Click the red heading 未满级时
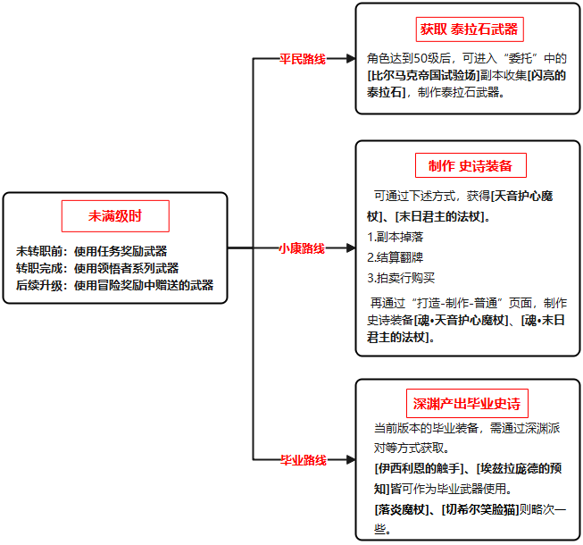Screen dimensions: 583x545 115,216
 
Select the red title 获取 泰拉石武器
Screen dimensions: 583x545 470,29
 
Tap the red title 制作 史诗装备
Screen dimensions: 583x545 471,165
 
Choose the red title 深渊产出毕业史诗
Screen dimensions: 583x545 467,404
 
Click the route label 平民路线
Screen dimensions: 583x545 303,59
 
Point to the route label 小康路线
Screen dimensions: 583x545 302,248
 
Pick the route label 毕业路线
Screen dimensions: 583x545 304,460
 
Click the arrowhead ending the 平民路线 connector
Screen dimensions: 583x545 351,58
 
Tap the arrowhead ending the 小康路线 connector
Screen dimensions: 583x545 351,248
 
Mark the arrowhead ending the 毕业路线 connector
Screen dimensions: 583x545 351,460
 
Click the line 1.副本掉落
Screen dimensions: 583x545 396,237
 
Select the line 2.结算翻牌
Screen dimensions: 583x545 396,257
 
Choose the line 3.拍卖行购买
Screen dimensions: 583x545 401,278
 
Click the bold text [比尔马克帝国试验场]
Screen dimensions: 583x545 423,76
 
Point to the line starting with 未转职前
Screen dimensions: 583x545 91,251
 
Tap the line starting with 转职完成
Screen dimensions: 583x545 97,268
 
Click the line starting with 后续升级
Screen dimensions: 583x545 114,285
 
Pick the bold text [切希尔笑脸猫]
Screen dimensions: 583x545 480,509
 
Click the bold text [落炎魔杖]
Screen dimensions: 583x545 402,509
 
